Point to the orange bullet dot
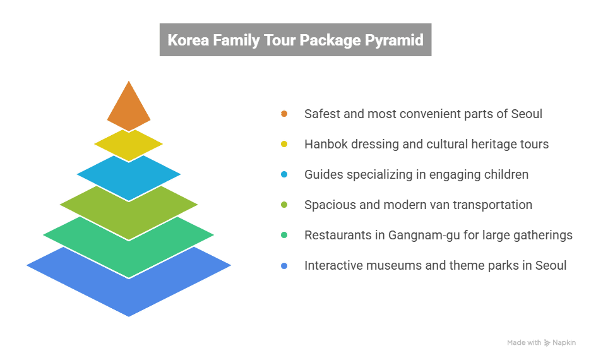284,114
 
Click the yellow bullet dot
284,144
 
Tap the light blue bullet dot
284,174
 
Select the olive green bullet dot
284,205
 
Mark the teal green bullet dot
284,235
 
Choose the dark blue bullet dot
284,265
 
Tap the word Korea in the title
188,40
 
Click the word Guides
323,174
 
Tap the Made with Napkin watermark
541,342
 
